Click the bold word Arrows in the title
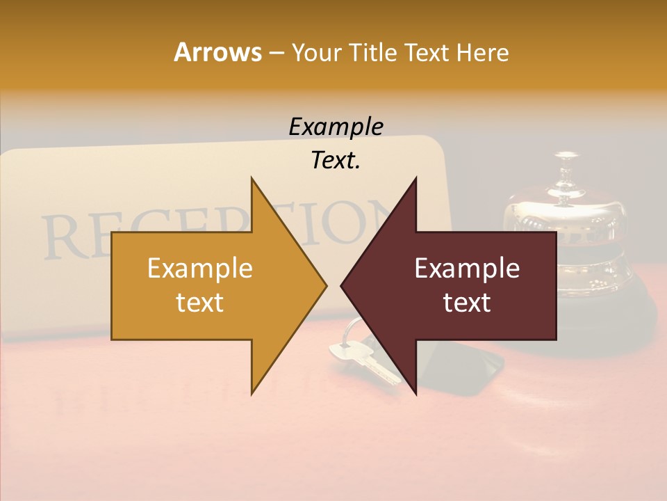tap(217, 52)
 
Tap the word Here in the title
tap(482, 52)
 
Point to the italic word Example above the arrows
tap(336, 127)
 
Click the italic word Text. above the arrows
tap(336, 161)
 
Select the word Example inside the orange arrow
tap(200, 269)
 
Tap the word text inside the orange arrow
tap(200, 303)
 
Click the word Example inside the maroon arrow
tap(467, 269)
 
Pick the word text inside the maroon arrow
tap(467, 303)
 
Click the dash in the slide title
tap(276, 53)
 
